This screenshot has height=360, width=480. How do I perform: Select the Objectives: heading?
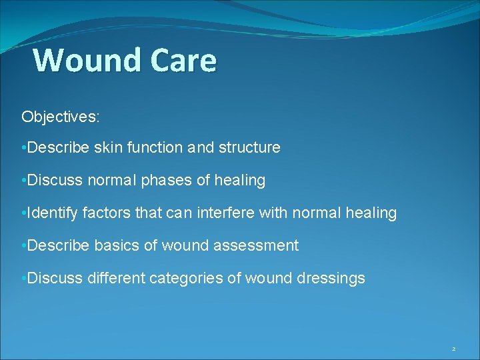click(x=61, y=117)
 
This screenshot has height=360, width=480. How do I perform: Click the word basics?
click(x=116, y=245)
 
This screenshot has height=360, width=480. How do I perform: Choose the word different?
click(x=115, y=278)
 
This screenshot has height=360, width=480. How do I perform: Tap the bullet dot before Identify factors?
click(x=23, y=213)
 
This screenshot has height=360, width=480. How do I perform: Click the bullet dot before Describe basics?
click(x=23, y=246)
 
